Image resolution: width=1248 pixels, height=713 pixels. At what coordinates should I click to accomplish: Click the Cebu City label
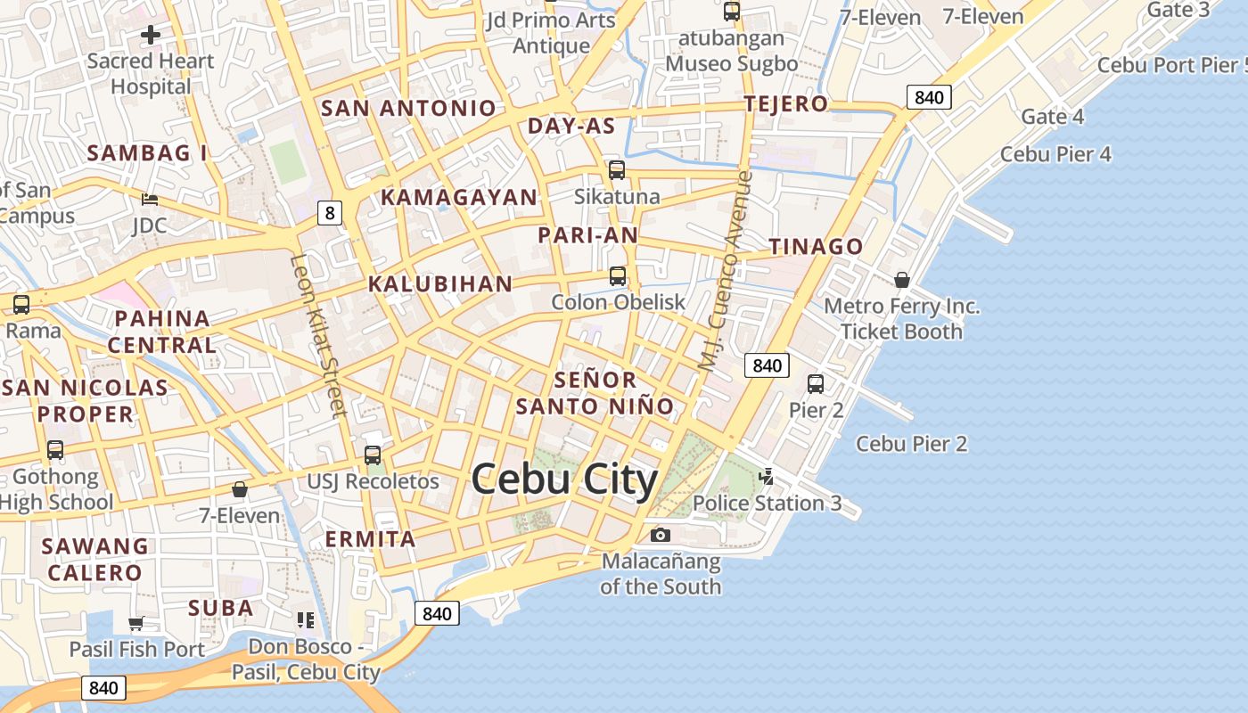tap(564, 480)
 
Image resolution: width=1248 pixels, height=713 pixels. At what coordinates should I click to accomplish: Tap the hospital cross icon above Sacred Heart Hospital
tap(151, 35)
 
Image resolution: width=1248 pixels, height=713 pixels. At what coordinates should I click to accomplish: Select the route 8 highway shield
tap(330, 213)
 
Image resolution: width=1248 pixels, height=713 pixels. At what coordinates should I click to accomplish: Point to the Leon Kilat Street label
tap(317, 336)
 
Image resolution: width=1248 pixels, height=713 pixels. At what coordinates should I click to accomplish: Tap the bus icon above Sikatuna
tap(616, 169)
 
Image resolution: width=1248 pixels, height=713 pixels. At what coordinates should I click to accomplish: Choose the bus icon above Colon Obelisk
tap(617, 275)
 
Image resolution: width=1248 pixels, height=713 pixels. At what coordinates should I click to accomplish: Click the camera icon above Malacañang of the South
tap(660, 535)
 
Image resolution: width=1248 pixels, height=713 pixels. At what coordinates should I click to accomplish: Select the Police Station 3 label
tap(767, 503)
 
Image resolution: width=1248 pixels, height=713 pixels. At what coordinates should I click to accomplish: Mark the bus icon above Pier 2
tap(815, 384)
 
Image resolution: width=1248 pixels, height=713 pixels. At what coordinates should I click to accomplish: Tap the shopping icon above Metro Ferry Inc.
tap(902, 280)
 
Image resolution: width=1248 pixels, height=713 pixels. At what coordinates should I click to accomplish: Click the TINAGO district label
tap(816, 247)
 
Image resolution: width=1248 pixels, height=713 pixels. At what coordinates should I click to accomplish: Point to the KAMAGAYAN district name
tap(459, 197)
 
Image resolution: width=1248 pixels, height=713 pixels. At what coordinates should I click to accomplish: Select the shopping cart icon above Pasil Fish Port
tap(136, 623)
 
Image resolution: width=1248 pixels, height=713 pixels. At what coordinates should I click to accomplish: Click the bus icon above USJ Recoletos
tap(373, 455)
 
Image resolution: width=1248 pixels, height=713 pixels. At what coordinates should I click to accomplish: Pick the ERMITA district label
tap(370, 539)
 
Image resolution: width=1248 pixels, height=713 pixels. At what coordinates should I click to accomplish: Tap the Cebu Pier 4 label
tap(1055, 154)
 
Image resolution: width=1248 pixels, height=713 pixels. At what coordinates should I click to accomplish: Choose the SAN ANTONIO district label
tap(407, 109)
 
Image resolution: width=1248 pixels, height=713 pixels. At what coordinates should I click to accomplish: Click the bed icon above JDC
tap(150, 199)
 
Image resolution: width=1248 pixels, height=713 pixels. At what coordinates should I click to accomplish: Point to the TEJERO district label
tap(785, 103)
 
